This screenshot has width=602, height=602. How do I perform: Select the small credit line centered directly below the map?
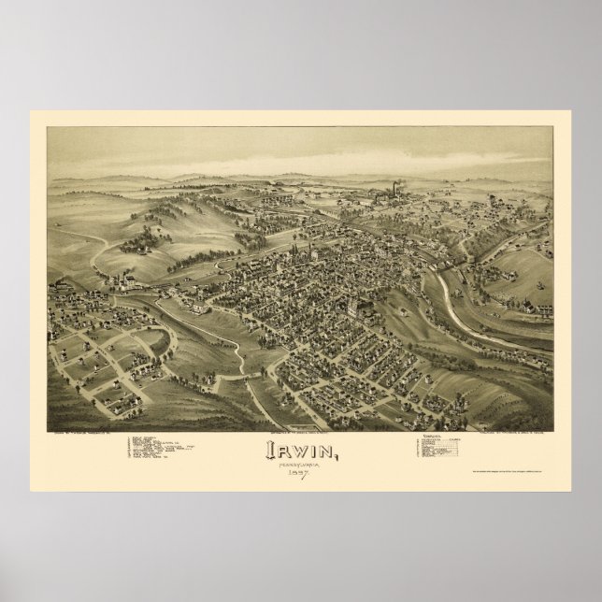(301, 408)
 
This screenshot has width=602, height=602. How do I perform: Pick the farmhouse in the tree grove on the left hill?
(140, 245)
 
